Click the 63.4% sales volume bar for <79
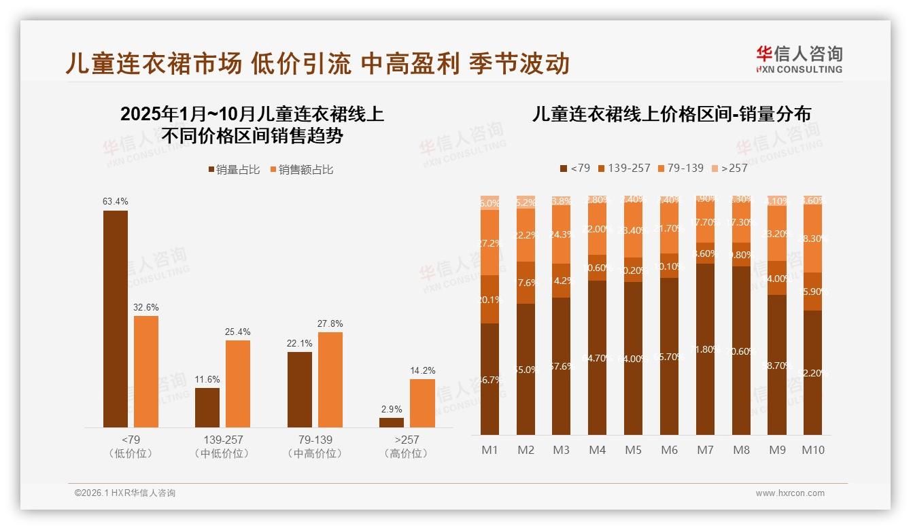point(116,319)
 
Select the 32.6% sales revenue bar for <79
point(146,371)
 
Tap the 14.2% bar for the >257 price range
point(422,403)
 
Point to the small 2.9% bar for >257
point(392,423)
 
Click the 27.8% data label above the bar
point(330,324)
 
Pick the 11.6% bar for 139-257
point(207,407)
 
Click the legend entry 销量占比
point(233,170)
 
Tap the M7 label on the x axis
point(705,450)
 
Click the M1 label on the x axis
point(489,450)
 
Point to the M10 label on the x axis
point(812,450)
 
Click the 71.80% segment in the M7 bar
point(705,349)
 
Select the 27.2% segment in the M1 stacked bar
point(489,243)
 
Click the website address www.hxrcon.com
point(790,493)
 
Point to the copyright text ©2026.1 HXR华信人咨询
point(124,493)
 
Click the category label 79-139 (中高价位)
point(314,446)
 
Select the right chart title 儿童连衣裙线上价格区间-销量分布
point(672,114)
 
